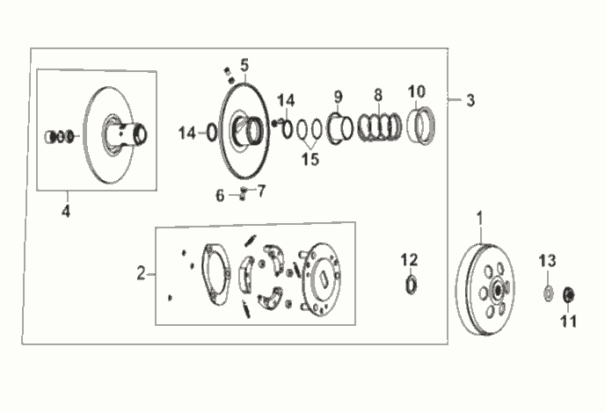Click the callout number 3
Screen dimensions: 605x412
tap(470, 101)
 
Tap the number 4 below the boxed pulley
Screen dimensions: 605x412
tap(66, 211)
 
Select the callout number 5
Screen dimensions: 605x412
tap(244, 66)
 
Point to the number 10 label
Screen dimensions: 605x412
tap(417, 91)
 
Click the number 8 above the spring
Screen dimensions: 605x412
tap(378, 95)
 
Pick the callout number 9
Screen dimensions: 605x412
tap(338, 97)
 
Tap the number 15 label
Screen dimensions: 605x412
tap(310, 159)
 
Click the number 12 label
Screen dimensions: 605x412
tap(409, 260)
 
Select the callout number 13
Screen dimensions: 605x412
tap(548, 261)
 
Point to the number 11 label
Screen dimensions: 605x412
tap(568, 321)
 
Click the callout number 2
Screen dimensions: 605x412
tap(142, 273)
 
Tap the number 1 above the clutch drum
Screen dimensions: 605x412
tap(479, 218)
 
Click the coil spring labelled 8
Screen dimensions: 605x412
tap(380, 126)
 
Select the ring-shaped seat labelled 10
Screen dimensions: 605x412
tap(422, 126)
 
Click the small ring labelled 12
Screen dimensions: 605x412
tap(412, 286)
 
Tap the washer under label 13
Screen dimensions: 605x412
tap(548, 293)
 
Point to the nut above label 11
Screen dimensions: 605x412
tap(569, 295)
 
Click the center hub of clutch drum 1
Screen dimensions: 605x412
tap(498, 290)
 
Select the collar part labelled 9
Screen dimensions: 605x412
tap(339, 128)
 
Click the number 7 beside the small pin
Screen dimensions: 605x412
tap(261, 191)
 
